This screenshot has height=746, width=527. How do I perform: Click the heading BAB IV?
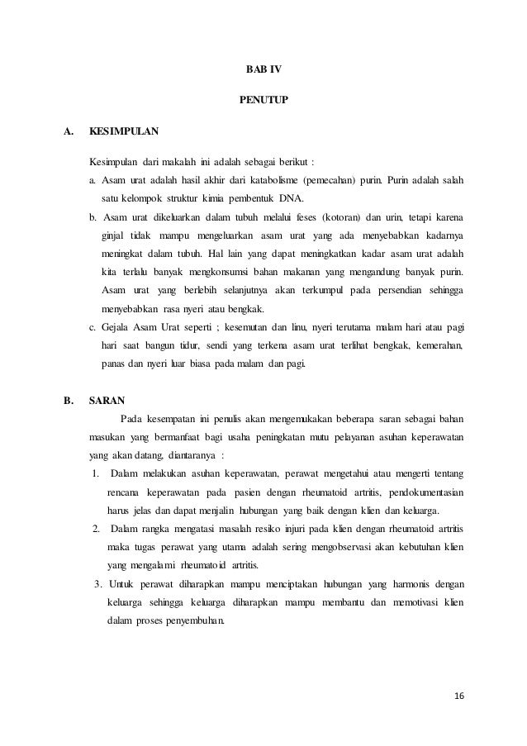click(263, 68)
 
